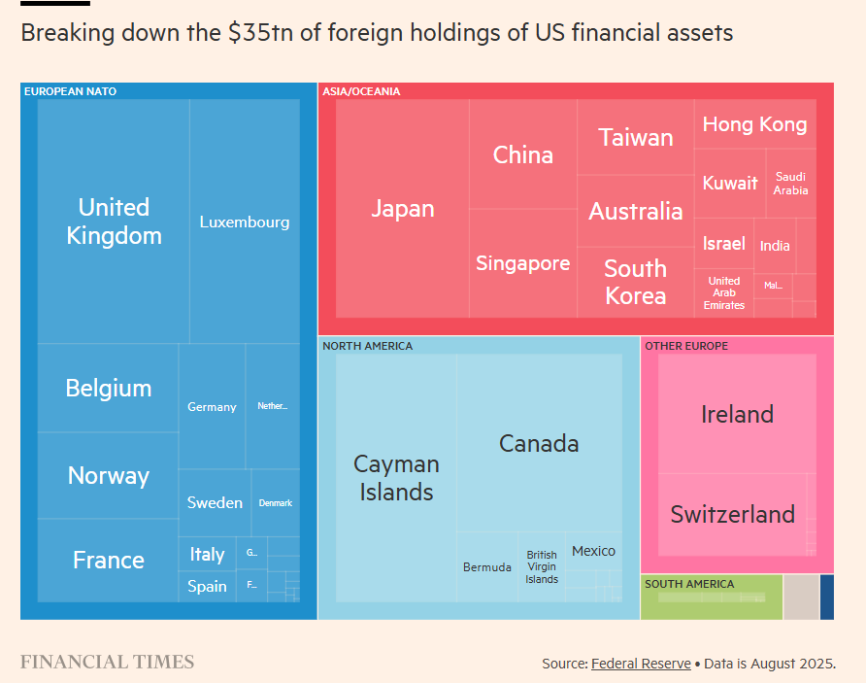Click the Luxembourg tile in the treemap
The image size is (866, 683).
(245, 222)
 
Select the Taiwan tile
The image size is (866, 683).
(636, 137)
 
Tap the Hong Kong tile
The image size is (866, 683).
(754, 124)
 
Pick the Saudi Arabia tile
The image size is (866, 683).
(790, 184)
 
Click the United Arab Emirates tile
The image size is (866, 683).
(724, 292)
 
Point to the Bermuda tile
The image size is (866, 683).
(487, 567)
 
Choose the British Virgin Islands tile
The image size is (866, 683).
(542, 567)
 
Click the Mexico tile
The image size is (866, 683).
(593, 551)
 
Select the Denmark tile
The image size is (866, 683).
(275, 502)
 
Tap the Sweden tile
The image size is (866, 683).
(215, 502)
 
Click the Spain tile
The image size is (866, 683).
(207, 586)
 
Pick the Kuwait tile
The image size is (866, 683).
(730, 183)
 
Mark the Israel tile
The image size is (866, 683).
(724, 243)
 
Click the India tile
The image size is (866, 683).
(775, 246)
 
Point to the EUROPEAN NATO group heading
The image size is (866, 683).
(70, 91)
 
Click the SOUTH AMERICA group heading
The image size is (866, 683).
(689, 584)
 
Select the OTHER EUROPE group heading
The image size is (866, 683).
(686, 346)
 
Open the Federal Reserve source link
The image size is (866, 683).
(641, 664)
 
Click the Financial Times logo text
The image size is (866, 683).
(107, 663)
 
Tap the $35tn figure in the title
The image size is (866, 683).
(257, 33)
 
